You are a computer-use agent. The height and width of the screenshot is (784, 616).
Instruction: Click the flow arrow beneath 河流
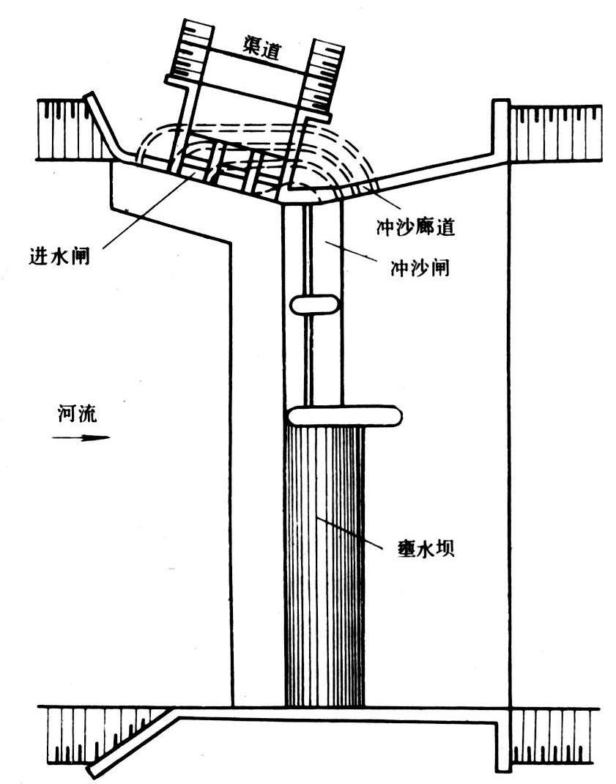tap(81, 438)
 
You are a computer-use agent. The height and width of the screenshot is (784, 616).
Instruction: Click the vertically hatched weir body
tap(323, 572)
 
